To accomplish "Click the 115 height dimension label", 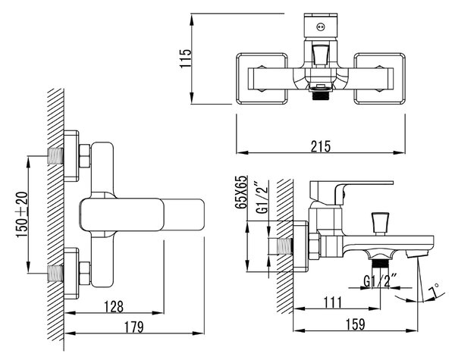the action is point(186,58).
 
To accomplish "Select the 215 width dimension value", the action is point(321,146).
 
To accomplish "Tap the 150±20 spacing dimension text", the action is point(22,214).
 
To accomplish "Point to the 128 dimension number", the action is point(114,306).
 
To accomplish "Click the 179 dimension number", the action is point(134,327).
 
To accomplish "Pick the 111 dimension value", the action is point(333,303).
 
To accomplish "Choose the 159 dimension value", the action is point(356,324).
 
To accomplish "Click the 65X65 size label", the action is point(241,192).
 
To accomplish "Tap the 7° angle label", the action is point(434,290).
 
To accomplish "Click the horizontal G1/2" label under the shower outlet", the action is point(380,281).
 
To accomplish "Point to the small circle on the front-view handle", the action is point(321,27).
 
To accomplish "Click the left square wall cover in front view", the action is point(262,78).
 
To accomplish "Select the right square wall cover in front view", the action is point(379,78).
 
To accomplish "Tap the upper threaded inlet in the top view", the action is point(55,156).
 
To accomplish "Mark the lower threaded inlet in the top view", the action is point(55,274).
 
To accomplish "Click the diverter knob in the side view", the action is point(380,224).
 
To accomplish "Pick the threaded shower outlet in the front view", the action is point(321,95).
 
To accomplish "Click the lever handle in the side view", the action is point(351,192).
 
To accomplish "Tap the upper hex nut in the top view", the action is point(84,156).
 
